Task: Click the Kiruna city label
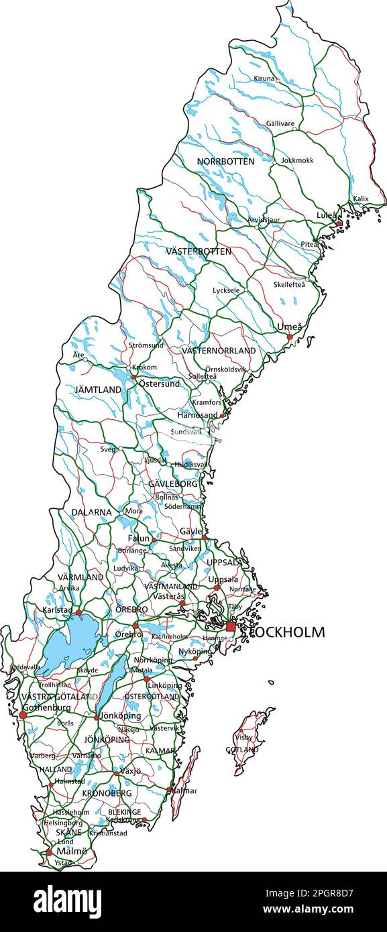pos(264,78)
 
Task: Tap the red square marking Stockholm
pos(231,626)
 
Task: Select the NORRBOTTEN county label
pos(225,162)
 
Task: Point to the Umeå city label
pos(290,327)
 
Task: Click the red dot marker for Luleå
pos(339,223)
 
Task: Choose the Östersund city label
pos(159,384)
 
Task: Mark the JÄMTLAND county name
pos(98,390)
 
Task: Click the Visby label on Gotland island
pos(243,737)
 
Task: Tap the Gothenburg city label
pos(46,707)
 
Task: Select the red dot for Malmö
pos(48,853)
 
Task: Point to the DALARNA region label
pos(92,512)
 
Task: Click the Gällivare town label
pos(280,124)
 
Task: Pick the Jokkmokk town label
pos(297,161)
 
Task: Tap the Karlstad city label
pos(56,611)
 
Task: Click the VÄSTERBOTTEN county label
pos(199,251)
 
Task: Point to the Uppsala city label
pos(223,579)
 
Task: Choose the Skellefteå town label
pos(289,284)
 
